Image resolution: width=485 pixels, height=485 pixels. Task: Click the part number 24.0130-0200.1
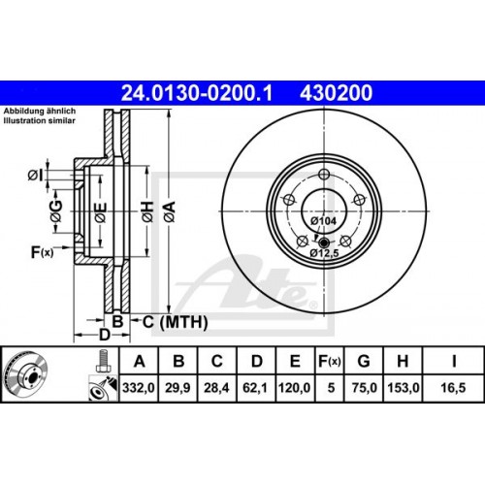click(197, 93)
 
